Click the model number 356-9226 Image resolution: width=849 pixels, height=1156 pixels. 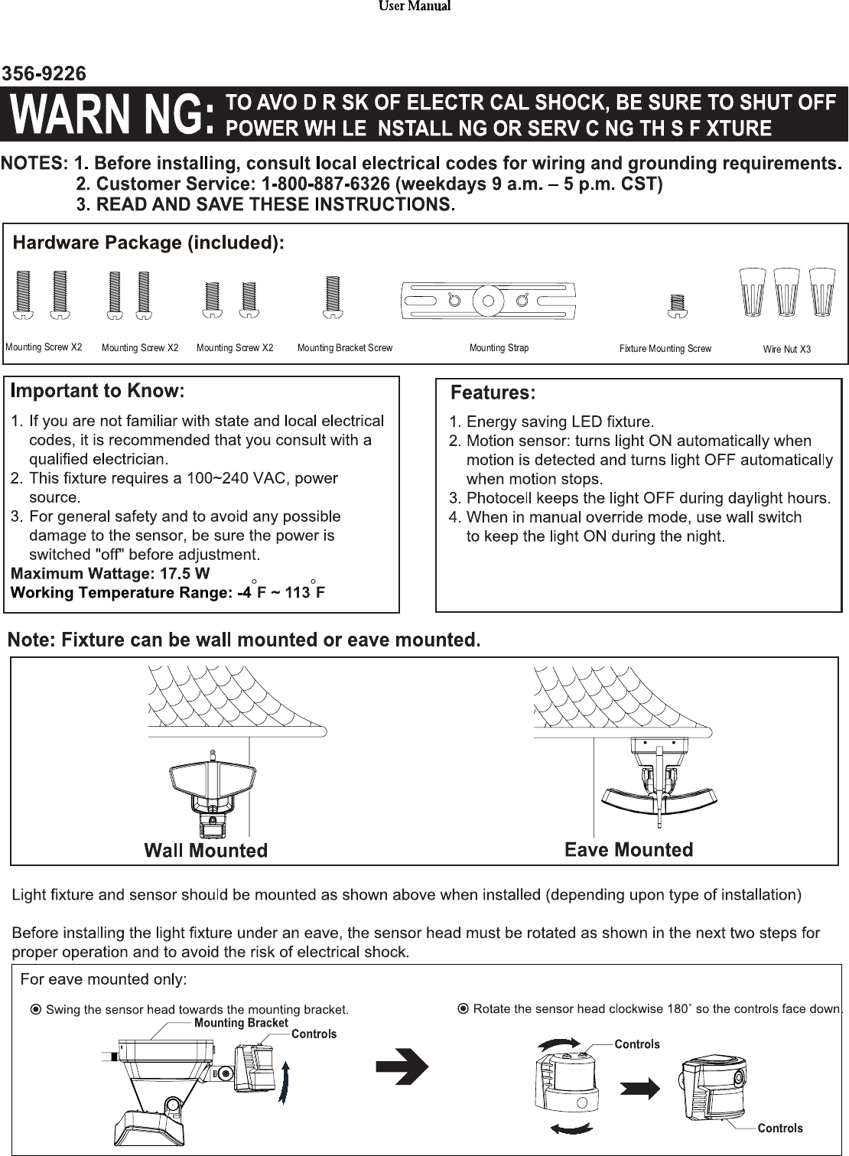(44, 73)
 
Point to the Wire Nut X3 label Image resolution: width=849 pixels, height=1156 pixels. (786, 349)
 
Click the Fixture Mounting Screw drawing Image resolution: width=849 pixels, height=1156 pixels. (675, 304)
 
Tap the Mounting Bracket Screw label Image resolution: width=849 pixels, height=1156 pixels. (344, 348)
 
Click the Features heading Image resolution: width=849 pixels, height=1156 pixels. (493, 393)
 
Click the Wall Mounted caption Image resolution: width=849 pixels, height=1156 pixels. (206, 850)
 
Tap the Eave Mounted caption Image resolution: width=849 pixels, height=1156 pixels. (629, 849)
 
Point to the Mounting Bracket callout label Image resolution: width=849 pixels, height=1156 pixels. (241, 1023)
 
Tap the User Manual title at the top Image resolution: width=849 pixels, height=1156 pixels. (415, 6)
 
